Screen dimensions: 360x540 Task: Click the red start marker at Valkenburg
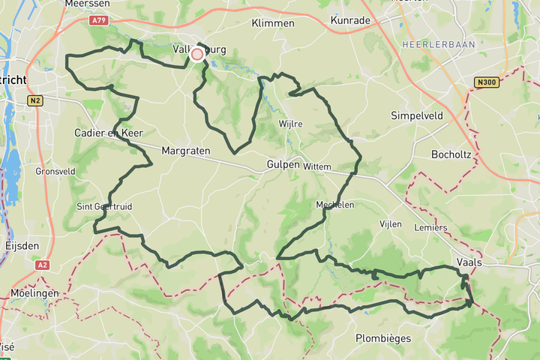197,54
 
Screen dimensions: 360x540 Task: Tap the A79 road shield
97,21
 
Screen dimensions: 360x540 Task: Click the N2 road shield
35,100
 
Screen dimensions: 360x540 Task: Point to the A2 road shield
42,265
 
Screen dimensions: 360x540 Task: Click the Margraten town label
185,151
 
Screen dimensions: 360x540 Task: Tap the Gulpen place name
283,164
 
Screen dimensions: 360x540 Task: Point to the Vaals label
469,262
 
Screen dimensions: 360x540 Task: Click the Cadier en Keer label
108,133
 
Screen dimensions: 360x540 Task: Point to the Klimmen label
273,23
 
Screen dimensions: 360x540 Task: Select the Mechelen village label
334,204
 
